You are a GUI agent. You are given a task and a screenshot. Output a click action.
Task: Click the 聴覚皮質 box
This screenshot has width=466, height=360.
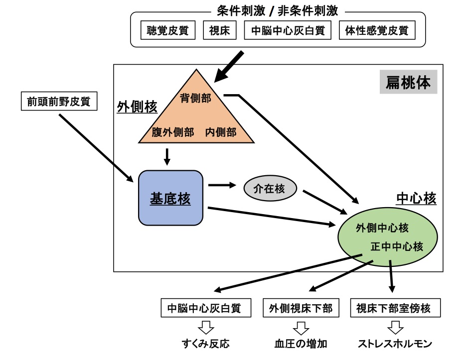click(168, 30)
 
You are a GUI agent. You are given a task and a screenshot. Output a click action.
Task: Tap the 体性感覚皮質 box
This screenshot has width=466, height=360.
click(377, 30)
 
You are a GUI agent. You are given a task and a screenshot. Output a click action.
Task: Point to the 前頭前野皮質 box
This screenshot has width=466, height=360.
click(59, 102)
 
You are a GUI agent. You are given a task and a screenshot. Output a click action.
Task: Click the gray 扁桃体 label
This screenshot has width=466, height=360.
click(408, 82)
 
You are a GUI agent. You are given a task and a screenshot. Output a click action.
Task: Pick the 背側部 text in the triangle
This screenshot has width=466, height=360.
click(196, 98)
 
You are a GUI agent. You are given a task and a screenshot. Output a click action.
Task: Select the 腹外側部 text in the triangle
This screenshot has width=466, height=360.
click(173, 133)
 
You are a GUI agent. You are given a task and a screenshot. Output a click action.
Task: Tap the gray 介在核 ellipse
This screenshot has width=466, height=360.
click(270, 189)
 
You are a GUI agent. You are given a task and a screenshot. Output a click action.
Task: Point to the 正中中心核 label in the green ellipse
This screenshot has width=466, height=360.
click(397, 246)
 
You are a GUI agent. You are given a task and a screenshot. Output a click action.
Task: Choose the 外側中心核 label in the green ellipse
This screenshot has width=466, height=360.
click(382, 228)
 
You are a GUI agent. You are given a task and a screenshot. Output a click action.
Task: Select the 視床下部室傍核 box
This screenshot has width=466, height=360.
click(397, 308)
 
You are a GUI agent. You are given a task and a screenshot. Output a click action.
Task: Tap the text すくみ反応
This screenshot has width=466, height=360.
click(205, 344)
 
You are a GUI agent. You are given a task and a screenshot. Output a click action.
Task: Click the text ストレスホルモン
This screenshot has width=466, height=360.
click(395, 344)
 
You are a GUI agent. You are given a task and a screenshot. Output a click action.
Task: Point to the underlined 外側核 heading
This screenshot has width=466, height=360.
click(137, 107)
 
